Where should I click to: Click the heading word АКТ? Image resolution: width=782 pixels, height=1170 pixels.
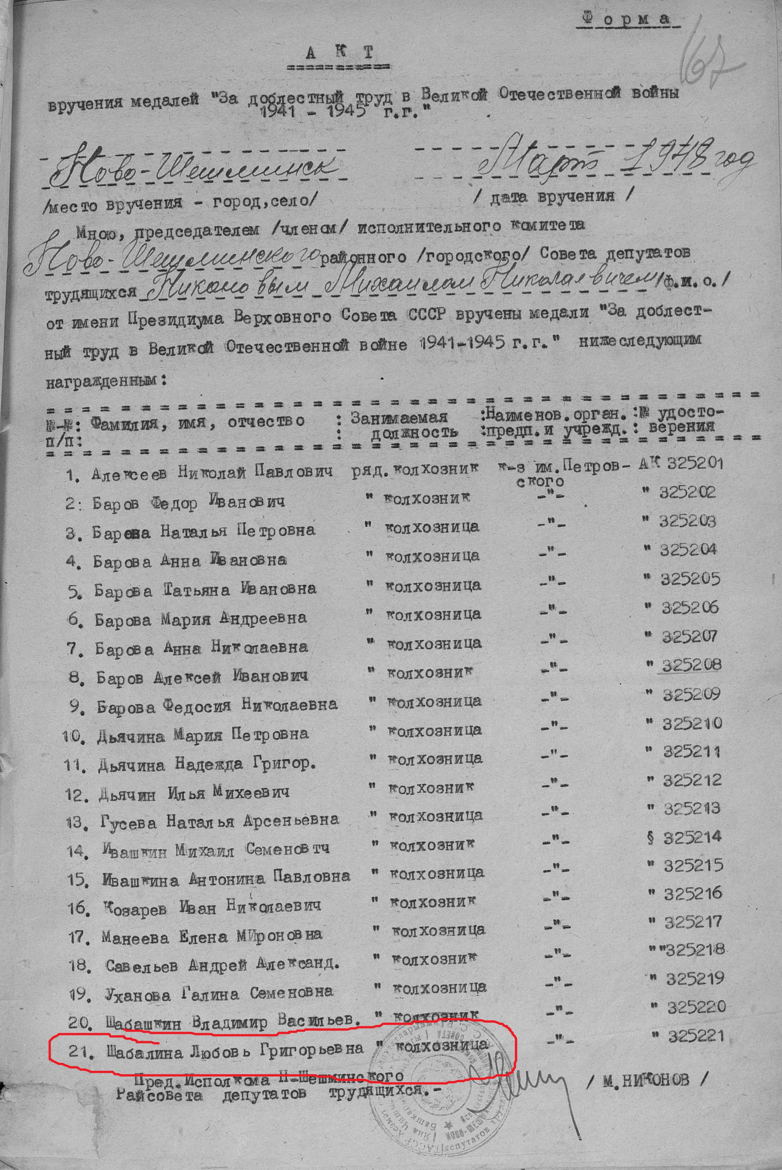coord(339,52)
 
